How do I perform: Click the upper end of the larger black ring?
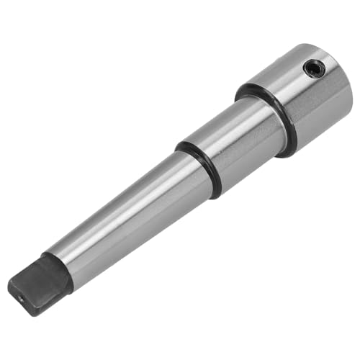click(x=241, y=89)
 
